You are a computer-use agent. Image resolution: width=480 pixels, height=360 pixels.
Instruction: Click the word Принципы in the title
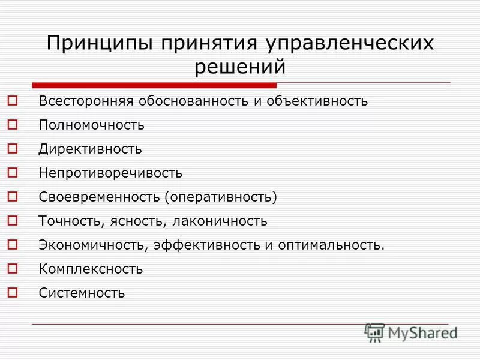point(99,44)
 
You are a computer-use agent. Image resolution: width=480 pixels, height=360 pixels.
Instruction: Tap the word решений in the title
point(240,67)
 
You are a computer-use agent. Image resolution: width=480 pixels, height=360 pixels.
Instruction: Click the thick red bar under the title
point(155,85)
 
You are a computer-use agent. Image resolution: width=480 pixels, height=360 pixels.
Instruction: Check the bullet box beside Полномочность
point(14,125)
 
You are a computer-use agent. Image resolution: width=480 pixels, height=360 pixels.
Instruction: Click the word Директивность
point(91,149)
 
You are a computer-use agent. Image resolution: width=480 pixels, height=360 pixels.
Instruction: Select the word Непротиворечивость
point(110,173)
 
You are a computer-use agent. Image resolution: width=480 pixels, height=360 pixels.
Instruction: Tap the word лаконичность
point(220,221)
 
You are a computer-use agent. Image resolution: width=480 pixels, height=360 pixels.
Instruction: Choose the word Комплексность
point(91,269)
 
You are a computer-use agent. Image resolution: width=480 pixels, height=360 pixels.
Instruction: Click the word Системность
point(82,293)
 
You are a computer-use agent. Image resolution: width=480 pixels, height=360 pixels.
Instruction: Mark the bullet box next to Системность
point(14,293)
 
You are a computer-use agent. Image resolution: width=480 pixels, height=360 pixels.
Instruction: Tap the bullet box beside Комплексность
point(14,269)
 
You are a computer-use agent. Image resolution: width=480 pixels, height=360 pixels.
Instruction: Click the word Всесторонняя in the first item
point(84,101)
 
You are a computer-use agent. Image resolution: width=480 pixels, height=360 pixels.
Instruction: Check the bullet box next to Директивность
point(14,149)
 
